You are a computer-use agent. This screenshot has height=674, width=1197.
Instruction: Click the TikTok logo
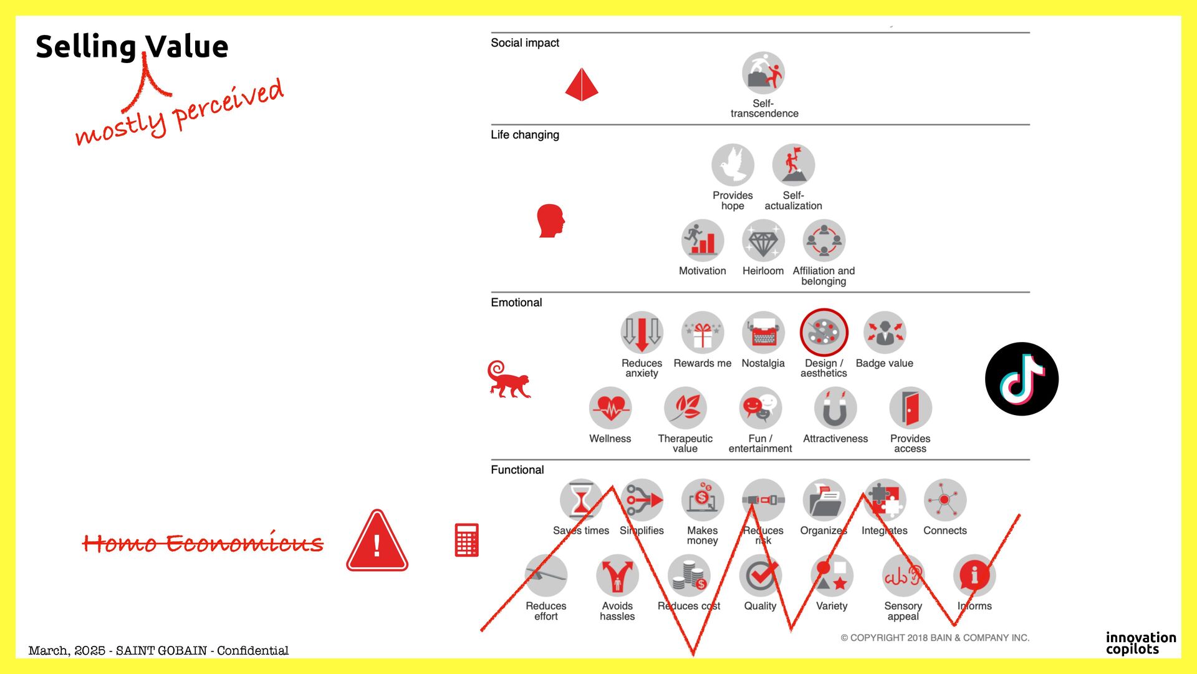[x=1021, y=379]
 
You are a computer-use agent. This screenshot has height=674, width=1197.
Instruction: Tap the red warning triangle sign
[x=377, y=542]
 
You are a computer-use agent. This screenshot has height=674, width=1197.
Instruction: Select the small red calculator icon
[x=466, y=540]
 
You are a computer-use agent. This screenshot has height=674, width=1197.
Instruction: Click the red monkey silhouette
[x=509, y=380]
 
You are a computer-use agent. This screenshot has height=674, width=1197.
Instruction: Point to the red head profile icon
[x=550, y=221]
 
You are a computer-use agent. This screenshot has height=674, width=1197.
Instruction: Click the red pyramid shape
[x=582, y=85]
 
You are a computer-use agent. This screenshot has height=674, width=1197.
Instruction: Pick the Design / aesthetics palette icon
[x=824, y=332]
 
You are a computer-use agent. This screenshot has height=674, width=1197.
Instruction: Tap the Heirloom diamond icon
[x=762, y=241]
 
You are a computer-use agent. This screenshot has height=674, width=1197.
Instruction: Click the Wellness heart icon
[x=610, y=408]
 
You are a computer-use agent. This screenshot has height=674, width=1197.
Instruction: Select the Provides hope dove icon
[x=733, y=165]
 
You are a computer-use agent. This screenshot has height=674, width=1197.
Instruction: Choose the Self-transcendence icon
[x=763, y=73]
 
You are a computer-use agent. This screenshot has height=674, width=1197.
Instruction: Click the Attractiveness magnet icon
[x=835, y=408]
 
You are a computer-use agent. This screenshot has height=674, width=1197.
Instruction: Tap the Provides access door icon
[x=910, y=408]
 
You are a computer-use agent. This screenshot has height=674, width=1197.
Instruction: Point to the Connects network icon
[x=945, y=500]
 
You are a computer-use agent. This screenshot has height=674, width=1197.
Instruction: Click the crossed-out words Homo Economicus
[x=203, y=543]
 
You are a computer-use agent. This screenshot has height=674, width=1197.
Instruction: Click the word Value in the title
[x=187, y=47]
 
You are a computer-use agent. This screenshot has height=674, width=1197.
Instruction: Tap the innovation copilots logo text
[x=1141, y=643]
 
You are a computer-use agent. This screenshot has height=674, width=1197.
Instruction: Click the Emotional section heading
[x=516, y=303]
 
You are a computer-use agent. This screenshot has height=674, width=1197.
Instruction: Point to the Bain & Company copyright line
[x=935, y=638]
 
